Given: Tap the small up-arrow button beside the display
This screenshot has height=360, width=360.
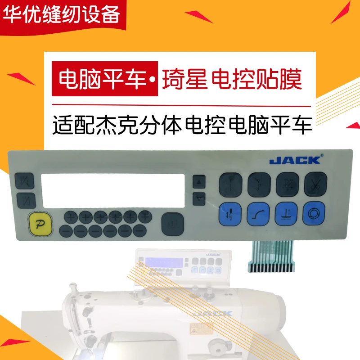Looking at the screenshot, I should pos(199,182).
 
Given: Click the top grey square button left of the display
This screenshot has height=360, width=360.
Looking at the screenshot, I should pos(22,182).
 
